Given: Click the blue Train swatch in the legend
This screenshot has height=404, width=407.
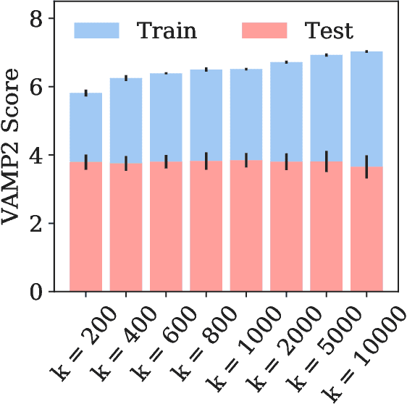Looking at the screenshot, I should coord(96,30).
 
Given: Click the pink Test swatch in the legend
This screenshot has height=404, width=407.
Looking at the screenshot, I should coord(264,30).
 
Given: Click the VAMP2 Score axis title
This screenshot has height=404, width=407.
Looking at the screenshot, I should coord(16,155).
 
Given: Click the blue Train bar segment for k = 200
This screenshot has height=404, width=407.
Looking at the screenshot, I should coord(86,127).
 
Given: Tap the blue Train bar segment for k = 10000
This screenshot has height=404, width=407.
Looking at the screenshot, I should coord(367,109).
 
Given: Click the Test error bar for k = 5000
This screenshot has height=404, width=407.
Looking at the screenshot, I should coord(327,161).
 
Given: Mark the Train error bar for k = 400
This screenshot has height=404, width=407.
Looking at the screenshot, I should coord(126,77).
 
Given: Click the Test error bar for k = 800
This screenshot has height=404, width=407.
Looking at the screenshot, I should coord(206,161).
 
